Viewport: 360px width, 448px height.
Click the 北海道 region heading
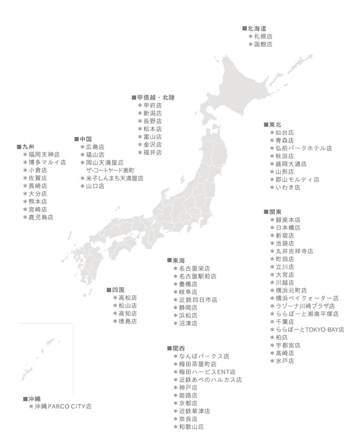pos(256,29)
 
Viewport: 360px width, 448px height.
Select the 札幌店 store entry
pos(262,37)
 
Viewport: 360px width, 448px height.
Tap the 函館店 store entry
pos(262,45)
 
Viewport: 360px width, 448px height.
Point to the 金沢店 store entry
pos(152,145)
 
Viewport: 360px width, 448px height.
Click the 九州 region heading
pos(26,147)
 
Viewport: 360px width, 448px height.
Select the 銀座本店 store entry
pos(287,220)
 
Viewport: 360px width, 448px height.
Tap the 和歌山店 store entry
pos(191,426)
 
